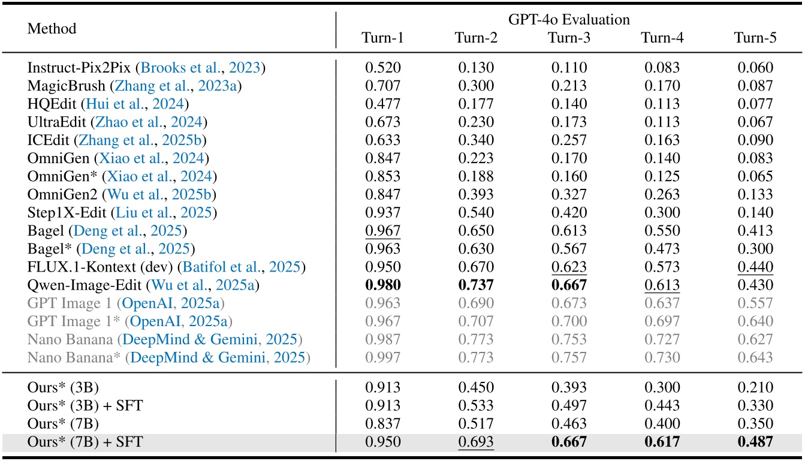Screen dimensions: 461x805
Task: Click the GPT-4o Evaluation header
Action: click(569, 20)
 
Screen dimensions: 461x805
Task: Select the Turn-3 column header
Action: click(569, 38)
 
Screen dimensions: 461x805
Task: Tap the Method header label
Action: click(52, 28)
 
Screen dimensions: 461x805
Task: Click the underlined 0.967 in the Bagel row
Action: click(383, 230)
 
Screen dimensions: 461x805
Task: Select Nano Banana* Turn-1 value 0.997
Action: click(383, 358)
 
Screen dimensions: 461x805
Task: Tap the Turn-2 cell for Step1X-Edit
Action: click(476, 213)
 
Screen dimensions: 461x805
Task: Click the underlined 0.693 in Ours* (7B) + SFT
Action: click(476, 443)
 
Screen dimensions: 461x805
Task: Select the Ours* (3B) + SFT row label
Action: click(85, 406)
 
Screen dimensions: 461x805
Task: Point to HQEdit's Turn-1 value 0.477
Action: click(383, 104)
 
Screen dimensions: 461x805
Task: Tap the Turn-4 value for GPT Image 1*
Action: click(662, 322)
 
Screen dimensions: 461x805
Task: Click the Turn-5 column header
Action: click(755, 38)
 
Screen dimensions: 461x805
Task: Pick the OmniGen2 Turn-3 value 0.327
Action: click(569, 194)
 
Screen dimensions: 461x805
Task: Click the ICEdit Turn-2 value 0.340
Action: click(476, 141)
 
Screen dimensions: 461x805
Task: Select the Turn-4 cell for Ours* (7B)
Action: click(662, 424)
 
